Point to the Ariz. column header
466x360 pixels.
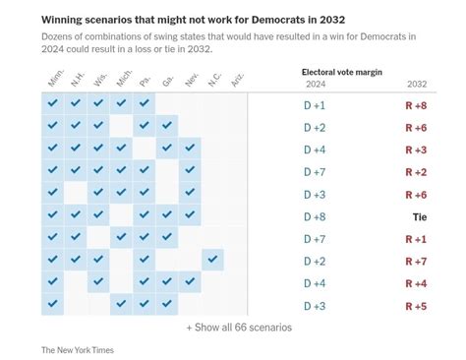234,80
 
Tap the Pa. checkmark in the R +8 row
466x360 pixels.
145,103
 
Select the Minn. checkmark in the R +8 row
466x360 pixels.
52,103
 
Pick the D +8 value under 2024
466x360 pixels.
314,216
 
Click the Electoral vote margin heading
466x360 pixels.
341,72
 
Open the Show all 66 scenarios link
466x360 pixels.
239,328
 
